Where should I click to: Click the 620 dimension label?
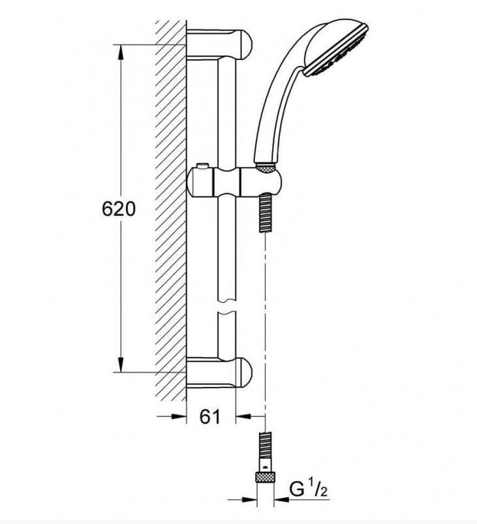coord(119,209)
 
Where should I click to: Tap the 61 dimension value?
coord(210,416)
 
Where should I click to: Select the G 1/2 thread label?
coord(308,490)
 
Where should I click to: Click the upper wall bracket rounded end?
coord(247,44)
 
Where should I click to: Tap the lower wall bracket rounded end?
coord(247,372)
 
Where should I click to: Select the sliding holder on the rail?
coord(234,182)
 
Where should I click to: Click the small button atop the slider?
coord(202,166)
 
